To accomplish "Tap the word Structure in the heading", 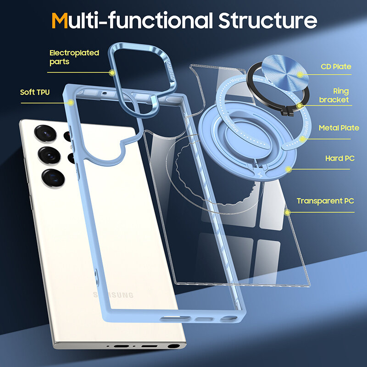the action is tap(267, 21).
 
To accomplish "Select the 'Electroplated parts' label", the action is tap(74, 56).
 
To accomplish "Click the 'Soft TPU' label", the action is tap(35, 92).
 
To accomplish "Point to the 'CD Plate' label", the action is tap(336, 67).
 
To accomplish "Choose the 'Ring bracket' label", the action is tap(334, 95).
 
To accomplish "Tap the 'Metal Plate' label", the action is tap(339, 128).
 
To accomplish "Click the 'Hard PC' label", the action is tap(340, 158).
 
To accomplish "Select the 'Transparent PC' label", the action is tap(325, 201).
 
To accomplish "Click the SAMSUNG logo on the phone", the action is tap(113, 295).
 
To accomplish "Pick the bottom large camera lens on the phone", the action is tap(53, 178).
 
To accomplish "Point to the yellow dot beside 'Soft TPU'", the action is tap(70, 101).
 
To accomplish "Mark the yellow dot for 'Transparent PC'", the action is tap(287, 211).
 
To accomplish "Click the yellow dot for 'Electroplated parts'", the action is tap(111, 72).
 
